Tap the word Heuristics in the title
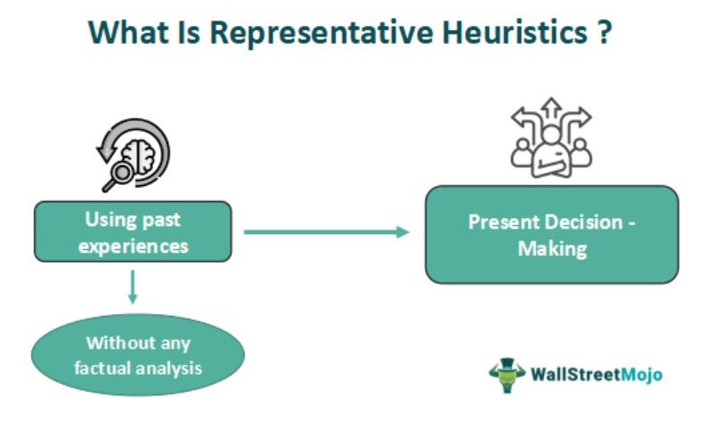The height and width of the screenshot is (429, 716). [515, 32]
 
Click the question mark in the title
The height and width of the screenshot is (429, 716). [604, 32]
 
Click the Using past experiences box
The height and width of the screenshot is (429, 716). [133, 231]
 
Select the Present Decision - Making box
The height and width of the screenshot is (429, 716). [551, 235]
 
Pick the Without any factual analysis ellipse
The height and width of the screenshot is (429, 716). [138, 355]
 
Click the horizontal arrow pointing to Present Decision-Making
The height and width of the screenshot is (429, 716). [327, 231]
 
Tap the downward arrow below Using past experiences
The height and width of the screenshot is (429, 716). [133, 287]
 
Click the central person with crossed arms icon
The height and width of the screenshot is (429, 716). [551, 153]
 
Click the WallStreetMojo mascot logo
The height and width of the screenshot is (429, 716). [507, 375]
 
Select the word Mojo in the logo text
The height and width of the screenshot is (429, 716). [641, 375]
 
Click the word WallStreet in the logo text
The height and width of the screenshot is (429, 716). [576, 375]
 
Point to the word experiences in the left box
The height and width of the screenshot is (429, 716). [134, 247]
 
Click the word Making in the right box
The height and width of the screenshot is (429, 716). [552, 249]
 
